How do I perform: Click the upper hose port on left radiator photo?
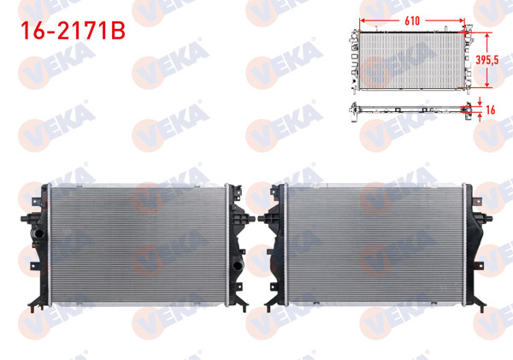tap(36, 231)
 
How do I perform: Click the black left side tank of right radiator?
tap(279, 244)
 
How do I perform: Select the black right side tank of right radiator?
tap(474, 244)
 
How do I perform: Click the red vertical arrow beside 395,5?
tap(486, 60)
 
